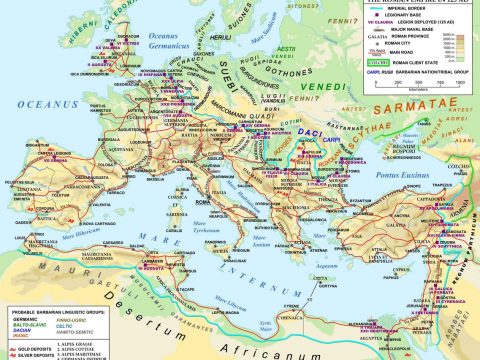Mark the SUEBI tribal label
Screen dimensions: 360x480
click(221, 75)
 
